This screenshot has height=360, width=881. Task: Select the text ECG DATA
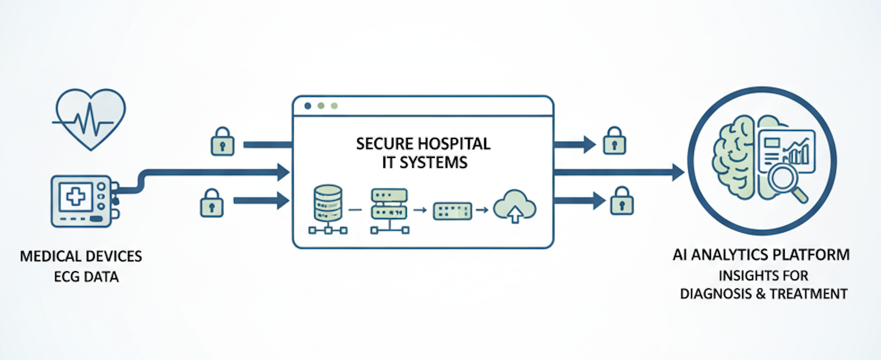(86, 277)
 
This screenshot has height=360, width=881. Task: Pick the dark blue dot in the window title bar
(308, 106)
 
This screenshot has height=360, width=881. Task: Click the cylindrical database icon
(328, 203)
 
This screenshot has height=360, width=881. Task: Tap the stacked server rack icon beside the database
(389, 204)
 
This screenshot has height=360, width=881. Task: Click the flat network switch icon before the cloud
(452, 211)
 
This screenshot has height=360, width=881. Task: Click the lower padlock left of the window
(211, 203)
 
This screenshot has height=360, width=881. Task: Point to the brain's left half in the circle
(734, 155)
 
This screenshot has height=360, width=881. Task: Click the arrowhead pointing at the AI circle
(678, 172)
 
